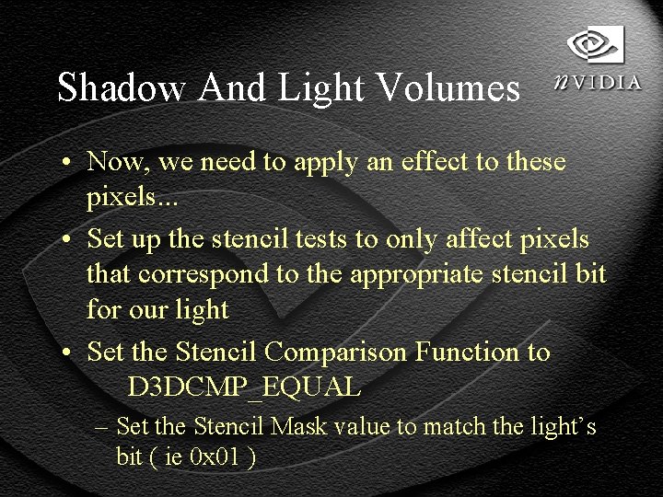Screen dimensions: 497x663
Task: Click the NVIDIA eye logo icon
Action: [x=595, y=44]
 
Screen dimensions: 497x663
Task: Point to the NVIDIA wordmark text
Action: [x=599, y=82]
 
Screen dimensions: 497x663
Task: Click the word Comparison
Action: [x=335, y=352]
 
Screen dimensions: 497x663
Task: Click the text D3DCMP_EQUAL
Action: [x=243, y=387]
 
